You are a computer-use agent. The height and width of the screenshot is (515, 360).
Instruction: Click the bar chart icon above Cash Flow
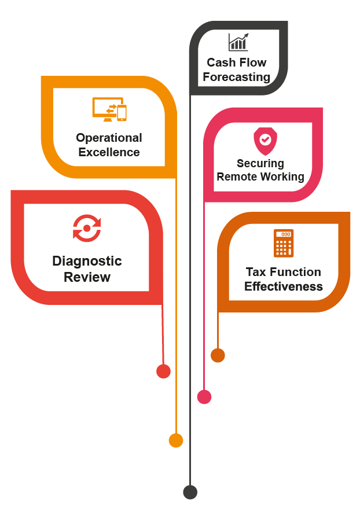238,42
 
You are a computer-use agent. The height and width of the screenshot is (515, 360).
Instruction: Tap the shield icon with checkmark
265,141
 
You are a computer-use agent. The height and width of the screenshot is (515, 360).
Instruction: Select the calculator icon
284,242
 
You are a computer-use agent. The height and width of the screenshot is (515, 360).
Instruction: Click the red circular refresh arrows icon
87,228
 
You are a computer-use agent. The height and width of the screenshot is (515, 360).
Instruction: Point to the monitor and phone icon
109,109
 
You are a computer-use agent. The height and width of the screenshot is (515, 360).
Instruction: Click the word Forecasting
236,76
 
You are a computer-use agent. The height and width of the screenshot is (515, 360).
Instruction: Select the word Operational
109,138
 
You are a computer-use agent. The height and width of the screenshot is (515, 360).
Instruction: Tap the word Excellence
109,152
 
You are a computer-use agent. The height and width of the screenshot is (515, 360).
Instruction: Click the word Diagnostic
87,261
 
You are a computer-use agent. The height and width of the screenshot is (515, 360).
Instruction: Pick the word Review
87,277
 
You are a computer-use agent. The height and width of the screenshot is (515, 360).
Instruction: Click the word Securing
260,164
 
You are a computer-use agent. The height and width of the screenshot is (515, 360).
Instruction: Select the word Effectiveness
283,286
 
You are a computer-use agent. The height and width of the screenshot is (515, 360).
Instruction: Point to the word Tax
255,272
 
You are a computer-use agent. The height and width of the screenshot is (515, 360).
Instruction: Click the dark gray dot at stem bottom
190,492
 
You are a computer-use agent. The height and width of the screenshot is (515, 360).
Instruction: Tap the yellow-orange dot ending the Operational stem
176,441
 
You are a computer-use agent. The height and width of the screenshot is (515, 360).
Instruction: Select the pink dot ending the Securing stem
204,397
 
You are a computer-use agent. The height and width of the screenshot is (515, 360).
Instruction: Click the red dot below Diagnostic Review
163,371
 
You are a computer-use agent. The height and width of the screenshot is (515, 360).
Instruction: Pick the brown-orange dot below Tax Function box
218,355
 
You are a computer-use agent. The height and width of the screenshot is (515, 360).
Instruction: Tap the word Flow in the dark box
254,62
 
